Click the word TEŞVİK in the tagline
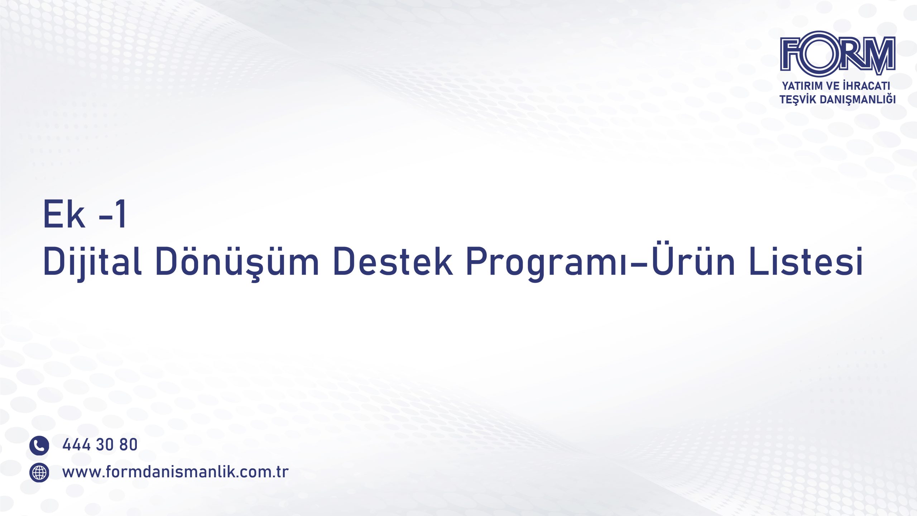[x=798, y=99]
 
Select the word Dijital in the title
[x=92, y=262]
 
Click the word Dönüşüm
[x=237, y=262]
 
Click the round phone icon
[x=39, y=445]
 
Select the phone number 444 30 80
[x=100, y=445]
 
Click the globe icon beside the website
[x=39, y=473]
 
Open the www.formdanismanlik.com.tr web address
[x=176, y=472]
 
